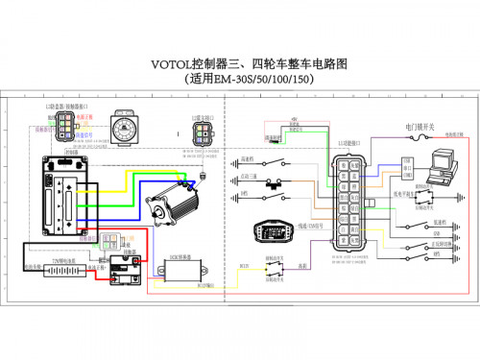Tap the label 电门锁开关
pyautogui.click(x=420, y=127)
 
